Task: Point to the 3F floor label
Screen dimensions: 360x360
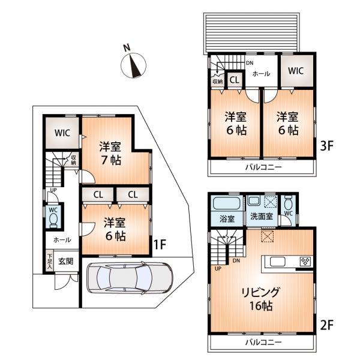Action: [x=326, y=146]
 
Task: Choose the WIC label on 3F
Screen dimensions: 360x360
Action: [x=296, y=71]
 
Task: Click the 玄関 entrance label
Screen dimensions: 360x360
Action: [x=66, y=261]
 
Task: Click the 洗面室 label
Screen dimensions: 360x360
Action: [x=262, y=216]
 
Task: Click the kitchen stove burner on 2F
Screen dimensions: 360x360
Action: [x=305, y=262]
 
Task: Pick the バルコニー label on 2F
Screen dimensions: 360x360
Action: [x=262, y=342]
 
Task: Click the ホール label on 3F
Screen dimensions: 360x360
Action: [x=260, y=74]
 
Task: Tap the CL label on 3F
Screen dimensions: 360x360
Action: [x=235, y=79]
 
